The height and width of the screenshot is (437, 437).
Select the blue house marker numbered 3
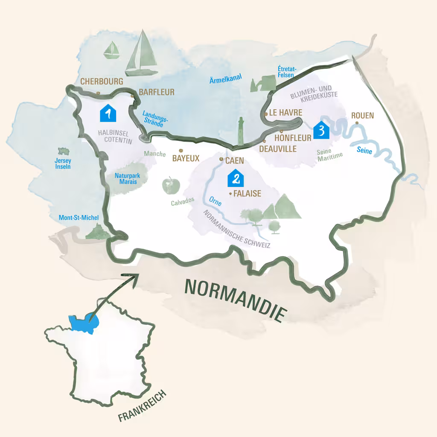click(x=321, y=130)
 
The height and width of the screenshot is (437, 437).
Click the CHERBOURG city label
click(x=102, y=81)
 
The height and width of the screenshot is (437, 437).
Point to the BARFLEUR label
click(x=157, y=92)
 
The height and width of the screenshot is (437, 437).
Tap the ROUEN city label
click(x=362, y=115)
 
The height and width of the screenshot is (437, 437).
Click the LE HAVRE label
click(x=286, y=113)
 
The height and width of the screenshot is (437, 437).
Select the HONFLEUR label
click(x=293, y=138)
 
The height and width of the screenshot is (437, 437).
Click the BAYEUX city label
click(x=186, y=158)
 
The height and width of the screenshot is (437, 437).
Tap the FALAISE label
click(x=247, y=193)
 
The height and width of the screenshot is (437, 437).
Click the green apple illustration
click(x=171, y=185)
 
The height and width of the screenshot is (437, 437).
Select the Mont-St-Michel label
click(x=79, y=218)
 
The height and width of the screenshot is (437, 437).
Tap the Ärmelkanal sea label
click(x=226, y=79)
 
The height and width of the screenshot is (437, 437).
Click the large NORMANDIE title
click(x=234, y=299)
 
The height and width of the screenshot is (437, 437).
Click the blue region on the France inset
click(x=84, y=322)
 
